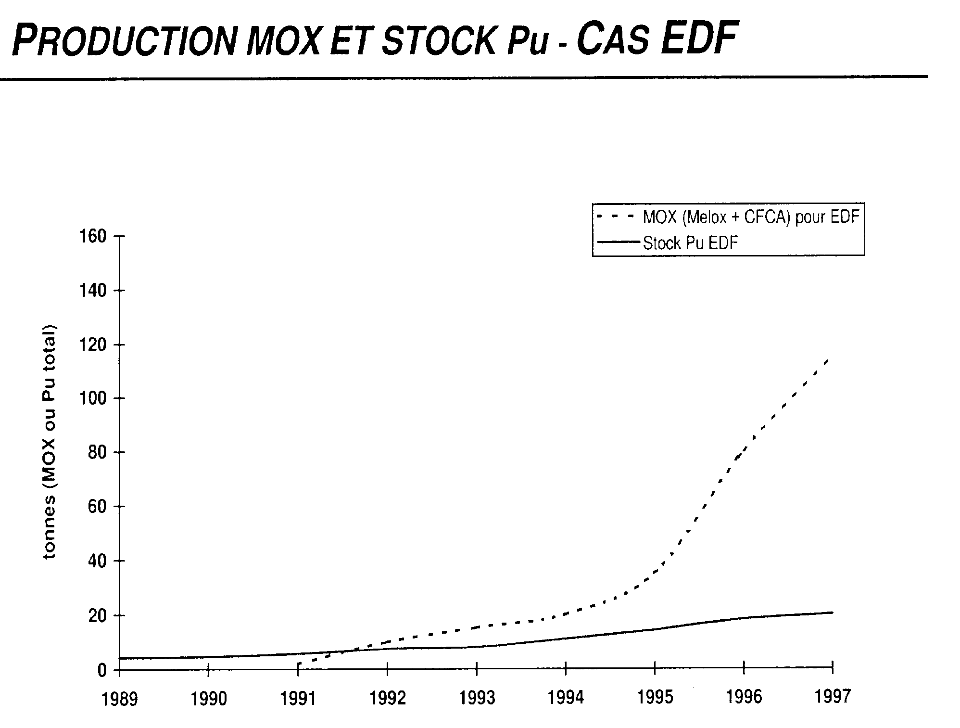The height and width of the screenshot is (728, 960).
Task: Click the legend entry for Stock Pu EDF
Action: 690,243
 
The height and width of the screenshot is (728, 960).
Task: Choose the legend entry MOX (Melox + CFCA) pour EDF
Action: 751,217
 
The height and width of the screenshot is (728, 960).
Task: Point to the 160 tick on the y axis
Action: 95,237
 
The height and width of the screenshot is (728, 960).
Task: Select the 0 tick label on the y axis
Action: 102,670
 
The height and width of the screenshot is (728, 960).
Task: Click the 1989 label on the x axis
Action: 119,698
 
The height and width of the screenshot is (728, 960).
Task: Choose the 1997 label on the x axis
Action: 833,696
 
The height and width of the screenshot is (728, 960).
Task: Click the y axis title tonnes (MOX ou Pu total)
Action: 50,442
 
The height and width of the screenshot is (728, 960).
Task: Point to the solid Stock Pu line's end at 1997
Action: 832,612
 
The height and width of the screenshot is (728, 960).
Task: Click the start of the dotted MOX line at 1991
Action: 298,664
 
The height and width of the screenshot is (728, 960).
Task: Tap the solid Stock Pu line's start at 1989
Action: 120,658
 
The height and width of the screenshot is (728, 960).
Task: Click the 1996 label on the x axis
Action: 744,697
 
